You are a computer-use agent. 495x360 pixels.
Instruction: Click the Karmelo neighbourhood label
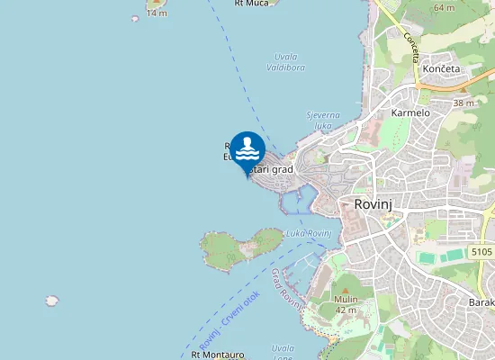(x=410, y=113)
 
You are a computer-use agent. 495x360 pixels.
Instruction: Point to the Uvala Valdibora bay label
(x=286, y=61)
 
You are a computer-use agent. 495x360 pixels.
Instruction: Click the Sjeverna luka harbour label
(x=323, y=121)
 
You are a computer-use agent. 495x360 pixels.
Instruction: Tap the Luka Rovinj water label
(x=309, y=233)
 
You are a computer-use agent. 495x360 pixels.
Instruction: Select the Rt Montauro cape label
(x=219, y=355)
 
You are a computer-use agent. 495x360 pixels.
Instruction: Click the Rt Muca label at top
(x=251, y=4)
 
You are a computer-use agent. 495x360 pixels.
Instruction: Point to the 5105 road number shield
(x=481, y=253)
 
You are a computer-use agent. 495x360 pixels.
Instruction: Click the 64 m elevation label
(x=444, y=7)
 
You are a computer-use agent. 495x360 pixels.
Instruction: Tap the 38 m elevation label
(x=463, y=103)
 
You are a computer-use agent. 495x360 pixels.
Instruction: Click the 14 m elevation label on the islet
(x=157, y=13)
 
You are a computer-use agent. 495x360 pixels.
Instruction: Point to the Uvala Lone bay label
(x=283, y=352)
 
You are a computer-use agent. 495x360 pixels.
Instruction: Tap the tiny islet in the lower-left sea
(x=52, y=301)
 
